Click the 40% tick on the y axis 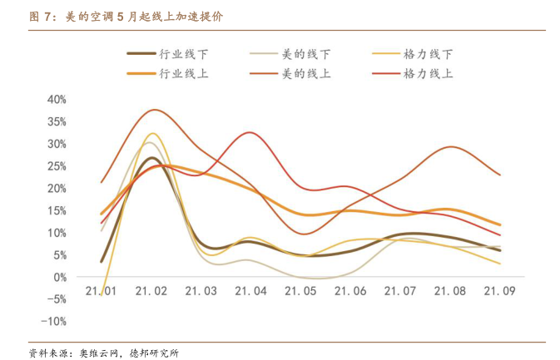tap(57, 99)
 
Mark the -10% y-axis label tap(55, 321)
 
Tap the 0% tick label tap(60, 277)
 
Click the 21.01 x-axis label tap(101, 292)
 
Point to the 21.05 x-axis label tap(300, 292)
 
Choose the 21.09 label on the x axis tap(500, 292)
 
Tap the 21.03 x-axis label tap(201, 292)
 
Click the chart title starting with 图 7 tap(132, 16)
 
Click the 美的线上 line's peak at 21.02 tap(152, 110)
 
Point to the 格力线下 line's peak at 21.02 tap(152, 133)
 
